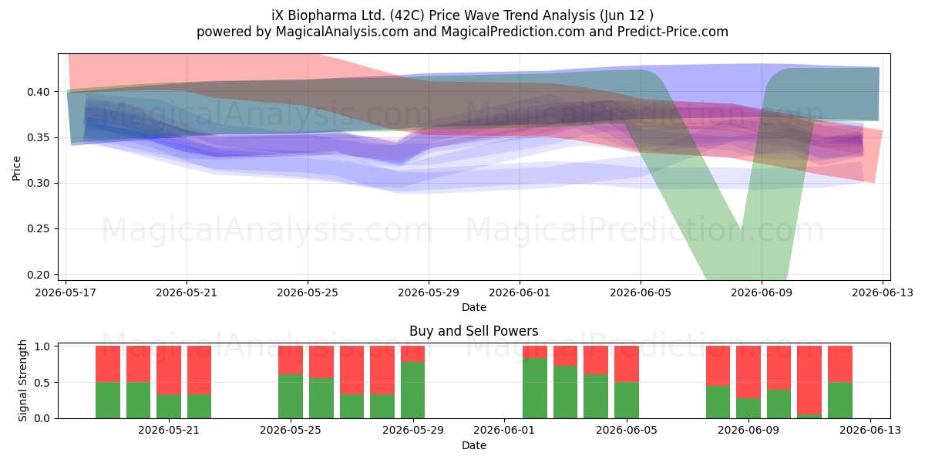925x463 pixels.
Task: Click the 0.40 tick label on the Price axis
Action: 38,92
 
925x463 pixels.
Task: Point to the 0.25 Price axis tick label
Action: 38,228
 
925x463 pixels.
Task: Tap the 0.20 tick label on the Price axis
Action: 38,275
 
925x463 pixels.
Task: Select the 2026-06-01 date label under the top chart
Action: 520,292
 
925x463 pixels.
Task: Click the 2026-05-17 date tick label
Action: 66,292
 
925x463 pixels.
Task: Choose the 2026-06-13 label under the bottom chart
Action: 870,430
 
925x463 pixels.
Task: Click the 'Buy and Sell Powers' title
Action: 473,331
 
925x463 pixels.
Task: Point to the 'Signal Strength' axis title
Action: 22,380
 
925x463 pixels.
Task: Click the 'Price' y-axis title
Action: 16,168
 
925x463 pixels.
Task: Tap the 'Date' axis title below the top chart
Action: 473,307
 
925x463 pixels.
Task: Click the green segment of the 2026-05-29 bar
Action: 412,390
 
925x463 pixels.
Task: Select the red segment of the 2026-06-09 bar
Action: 748,372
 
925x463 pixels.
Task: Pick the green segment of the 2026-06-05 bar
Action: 627,400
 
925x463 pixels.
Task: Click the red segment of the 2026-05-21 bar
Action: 169,370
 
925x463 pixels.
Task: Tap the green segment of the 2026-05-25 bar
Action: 291,396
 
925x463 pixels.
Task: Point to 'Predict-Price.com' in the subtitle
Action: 673,32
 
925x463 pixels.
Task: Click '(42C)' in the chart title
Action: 409,15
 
